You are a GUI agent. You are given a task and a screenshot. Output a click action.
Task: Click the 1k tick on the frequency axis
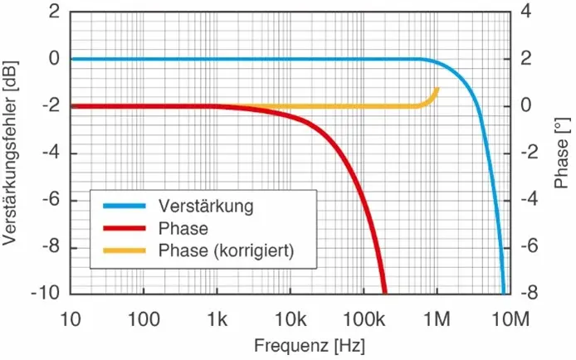pos(217,317)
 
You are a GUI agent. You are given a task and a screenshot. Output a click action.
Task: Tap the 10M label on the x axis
pos(507,317)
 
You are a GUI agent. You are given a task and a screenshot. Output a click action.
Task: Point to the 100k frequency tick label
pos(361,317)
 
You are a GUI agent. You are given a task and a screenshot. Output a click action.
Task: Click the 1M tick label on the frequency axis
pos(435,317)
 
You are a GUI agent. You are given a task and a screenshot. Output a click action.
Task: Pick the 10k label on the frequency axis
pos(289,317)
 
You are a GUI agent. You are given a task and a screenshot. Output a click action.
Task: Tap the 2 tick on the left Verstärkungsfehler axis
pos(55,12)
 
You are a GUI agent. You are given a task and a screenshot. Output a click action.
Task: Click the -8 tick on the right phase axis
pos(534,294)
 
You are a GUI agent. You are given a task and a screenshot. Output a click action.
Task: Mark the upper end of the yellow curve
pos(437,89)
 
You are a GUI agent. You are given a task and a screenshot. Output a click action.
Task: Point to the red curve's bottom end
pos(384,292)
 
